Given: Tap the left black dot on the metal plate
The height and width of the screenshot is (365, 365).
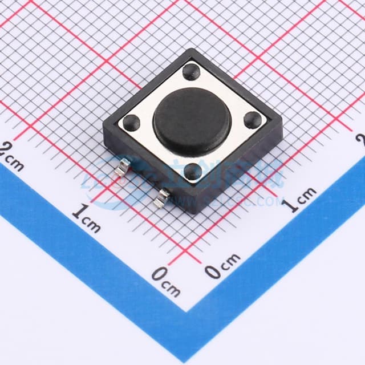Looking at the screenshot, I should point(132,121).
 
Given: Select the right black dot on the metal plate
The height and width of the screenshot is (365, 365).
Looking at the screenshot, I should point(252,120).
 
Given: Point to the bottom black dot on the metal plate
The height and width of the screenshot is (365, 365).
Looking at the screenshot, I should point(192,170).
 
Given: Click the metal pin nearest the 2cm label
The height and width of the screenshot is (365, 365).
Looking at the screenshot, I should point(122,169).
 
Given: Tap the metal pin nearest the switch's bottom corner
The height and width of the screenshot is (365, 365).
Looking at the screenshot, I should point(163,197).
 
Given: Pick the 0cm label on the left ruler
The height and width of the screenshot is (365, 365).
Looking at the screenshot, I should point(166,281).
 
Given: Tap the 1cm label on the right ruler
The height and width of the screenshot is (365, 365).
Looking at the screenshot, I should point(300,200).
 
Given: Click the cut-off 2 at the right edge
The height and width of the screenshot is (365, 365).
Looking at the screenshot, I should point(360,139).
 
